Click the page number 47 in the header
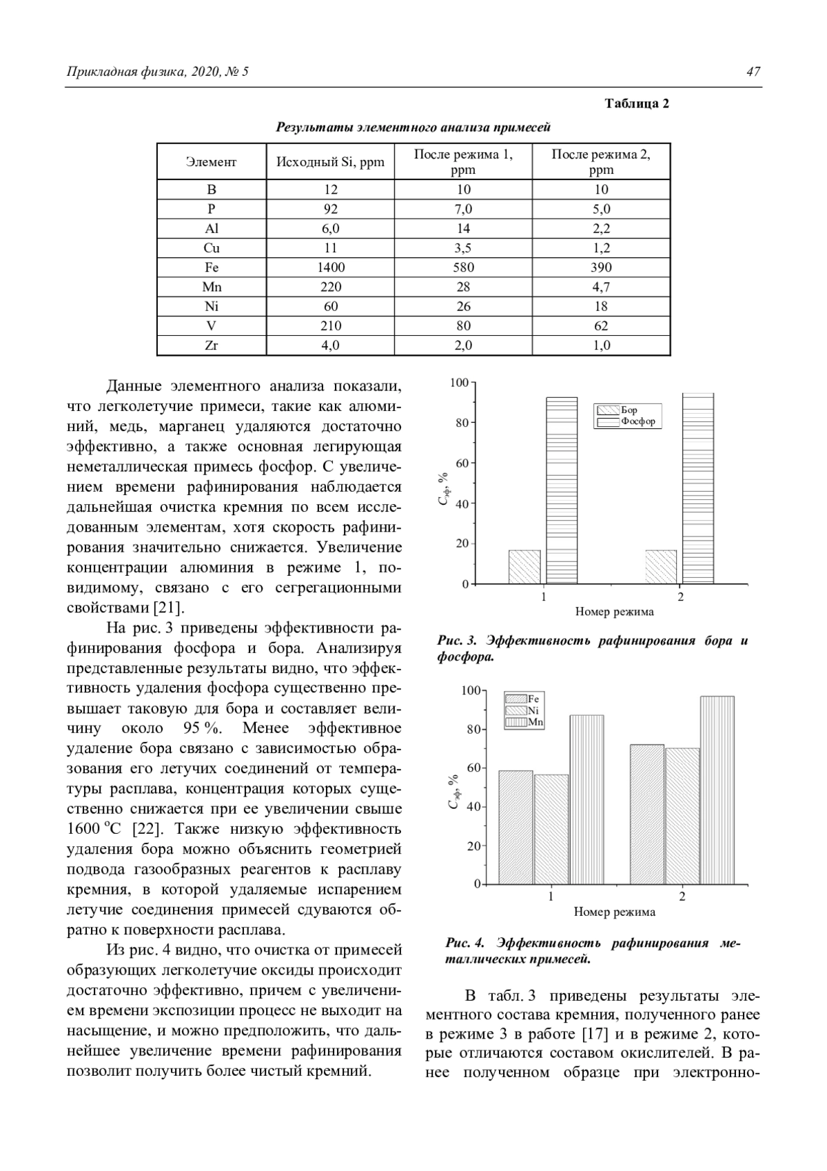753,72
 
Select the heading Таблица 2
637,103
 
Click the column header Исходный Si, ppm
330,162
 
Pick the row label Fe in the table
212,268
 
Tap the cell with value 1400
331,268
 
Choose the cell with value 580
463,268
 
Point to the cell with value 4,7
601,287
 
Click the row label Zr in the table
212,346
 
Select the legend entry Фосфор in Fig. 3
637,421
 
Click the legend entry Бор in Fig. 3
629,410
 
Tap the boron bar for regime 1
524,567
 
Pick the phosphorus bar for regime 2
698,488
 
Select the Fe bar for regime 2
647,814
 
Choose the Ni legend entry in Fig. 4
533,710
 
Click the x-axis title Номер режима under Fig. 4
615,912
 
